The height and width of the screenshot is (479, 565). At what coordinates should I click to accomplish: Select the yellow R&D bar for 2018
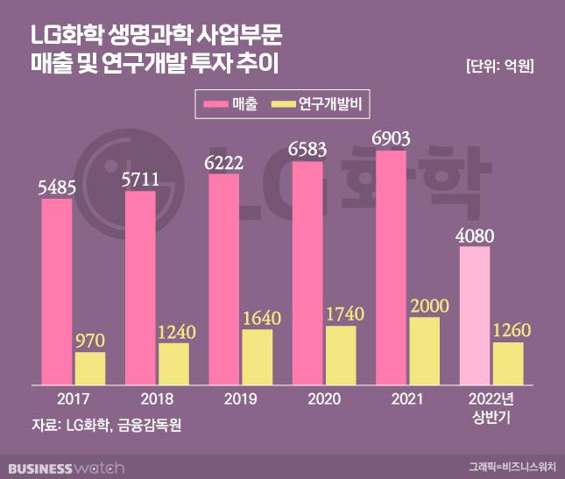pos(173,363)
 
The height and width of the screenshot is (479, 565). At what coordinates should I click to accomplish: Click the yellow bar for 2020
pos(341,355)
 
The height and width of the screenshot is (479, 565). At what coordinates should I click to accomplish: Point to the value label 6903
pos(392,137)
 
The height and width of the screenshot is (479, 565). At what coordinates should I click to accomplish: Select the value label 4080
pos(474,234)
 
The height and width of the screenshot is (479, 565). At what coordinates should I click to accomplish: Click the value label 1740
pos(341,313)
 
